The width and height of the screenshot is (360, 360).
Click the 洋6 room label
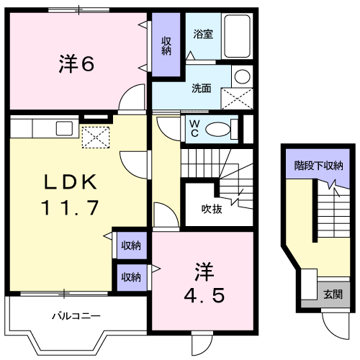(76, 63)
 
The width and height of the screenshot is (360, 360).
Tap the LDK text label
(71, 182)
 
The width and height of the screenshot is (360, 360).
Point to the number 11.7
(70, 207)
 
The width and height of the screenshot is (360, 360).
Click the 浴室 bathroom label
(203, 34)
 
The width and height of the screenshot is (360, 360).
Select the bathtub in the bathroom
(237, 36)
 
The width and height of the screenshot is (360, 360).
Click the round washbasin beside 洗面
(243, 76)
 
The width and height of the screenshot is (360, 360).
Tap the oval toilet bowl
(217, 130)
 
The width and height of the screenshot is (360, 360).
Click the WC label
(194, 128)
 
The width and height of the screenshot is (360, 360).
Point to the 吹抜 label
(212, 209)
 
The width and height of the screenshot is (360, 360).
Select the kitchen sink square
(64, 128)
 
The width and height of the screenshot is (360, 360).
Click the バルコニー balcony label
(76, 316)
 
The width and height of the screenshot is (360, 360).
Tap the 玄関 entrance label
(333, 294)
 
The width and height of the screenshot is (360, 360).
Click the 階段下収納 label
(319, 166)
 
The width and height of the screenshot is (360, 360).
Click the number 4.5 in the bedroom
(204, 295)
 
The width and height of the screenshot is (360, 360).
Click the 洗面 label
(202, 89)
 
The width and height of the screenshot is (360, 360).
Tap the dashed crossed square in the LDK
(96, 138)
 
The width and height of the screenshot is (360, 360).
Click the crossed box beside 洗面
(237, 99)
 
